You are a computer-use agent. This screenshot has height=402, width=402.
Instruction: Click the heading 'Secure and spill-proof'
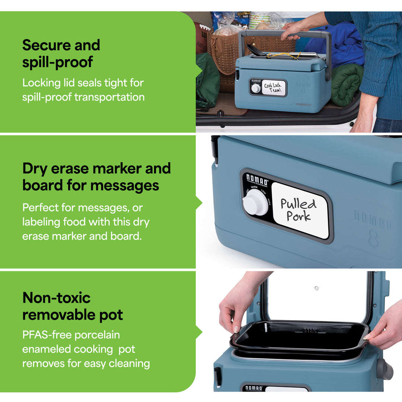pyautogui.click(x=61, y=54)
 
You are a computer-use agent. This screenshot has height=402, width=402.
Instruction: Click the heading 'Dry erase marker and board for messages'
pyautogui.click(x=96, y=177)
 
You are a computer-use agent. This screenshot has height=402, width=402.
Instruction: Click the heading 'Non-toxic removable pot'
pyautogui.click(x=73, y=306)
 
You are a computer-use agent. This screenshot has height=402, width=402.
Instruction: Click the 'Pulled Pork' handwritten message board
pyautogui.click(x=300, y=210)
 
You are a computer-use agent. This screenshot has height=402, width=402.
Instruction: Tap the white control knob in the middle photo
pyautogui.click(x=255, y=202)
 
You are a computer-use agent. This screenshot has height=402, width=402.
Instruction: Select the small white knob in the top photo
pyautogui.click(x=256, y=88)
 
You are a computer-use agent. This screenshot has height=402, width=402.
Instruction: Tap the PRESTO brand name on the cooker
pyautogui.click(x=303, y=105)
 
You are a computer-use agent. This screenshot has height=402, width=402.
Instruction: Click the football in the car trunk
pyautogui.click(x=201, y=37)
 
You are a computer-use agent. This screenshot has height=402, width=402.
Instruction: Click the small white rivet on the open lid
pyautogui.click(x=316, y=288)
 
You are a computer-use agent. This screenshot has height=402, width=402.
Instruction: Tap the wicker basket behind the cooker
pyautogui.click(x=223, y=56)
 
